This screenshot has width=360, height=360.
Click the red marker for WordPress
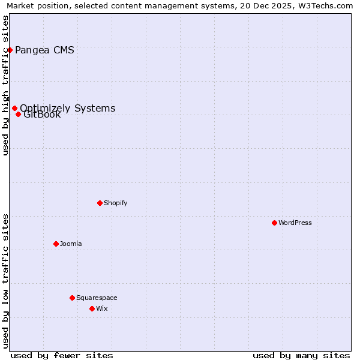pyautogui.click(x=274, y=223)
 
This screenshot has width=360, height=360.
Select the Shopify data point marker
pyautogui.click(x=100, y=203)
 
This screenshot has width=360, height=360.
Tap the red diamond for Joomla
pyautogui.click(x=56, y=244)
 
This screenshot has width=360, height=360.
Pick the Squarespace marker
pyautogui.click(x=72, y=298)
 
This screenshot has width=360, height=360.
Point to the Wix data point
pyautogui.click(x=92, y=308)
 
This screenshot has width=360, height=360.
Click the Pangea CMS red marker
pyautogui.click(x=10, y=50)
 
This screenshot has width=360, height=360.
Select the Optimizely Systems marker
pyautogui.click(x=14, y=108)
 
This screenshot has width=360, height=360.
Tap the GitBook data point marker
pyautogui.click(x=18, y=114)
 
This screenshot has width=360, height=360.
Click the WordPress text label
pyautogui.click(x=295, y=223)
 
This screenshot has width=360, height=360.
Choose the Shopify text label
pyautogui.click(x=116, y=203)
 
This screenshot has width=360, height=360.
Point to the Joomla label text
pyautogui.click(x=71, y=244)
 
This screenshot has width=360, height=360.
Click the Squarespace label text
pyautogui.click(x=97, y=298)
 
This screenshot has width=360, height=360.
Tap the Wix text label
pyautogui.click(x=102, y=308)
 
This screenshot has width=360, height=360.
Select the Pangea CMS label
pyautogui.click(x=44, y=50)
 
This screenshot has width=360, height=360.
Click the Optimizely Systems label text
pyautogui.click(x=68, y=108)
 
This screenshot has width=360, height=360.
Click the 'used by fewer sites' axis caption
pyautogui.click(x=62, y=355)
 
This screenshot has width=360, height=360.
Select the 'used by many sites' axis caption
pyautogui.click(x=301, y=355)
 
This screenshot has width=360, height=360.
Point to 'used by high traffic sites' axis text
pyautogui.click(x=6, y=85)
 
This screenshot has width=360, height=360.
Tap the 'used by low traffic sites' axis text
pyautogui.click(x=6, y=281)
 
